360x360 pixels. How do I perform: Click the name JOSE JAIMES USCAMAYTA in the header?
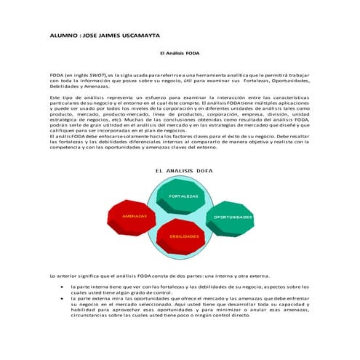[x=124, y=35]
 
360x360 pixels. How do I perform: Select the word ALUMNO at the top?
[x=64, y=35]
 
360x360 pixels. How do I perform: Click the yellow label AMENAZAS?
[x=135, y=217]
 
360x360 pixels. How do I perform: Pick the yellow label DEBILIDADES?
[x=185, y=236]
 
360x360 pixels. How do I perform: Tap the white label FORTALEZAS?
[x=183, y=196]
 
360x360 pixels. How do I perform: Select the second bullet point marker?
[x=62, y=299]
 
